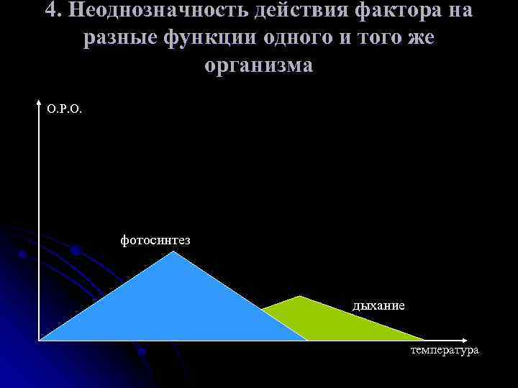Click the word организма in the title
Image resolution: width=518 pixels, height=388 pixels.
[x=259, y=65]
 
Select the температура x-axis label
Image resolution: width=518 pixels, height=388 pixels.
[x=444, y=350]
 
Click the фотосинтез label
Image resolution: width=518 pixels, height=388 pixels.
[x=155, y=239]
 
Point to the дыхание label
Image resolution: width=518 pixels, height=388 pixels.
[x=378, y=305]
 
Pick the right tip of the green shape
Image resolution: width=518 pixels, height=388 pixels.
[x=424, y=340]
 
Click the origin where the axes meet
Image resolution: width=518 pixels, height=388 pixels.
[x=39, y=340]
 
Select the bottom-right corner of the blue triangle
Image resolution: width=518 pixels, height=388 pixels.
[x=308, y=340]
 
